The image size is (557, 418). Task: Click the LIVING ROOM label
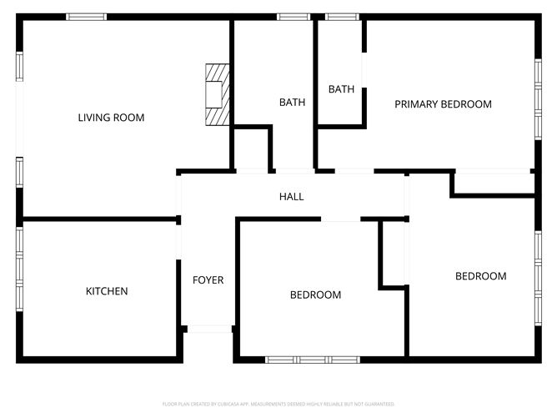111,118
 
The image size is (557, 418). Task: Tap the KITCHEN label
107,291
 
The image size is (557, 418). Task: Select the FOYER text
208,280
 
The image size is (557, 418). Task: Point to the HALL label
291,197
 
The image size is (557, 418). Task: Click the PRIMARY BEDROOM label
443,104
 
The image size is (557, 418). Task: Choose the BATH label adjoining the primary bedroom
341,89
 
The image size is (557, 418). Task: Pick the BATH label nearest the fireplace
292,103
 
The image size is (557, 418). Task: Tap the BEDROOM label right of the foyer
315,295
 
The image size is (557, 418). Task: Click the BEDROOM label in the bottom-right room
480,276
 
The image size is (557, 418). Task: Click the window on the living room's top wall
86,17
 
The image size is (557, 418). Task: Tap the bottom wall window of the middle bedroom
312,360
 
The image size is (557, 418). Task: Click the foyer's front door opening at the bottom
208,329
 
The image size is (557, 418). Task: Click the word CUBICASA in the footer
235,403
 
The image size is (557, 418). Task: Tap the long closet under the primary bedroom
493,184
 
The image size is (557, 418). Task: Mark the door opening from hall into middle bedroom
340,219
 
